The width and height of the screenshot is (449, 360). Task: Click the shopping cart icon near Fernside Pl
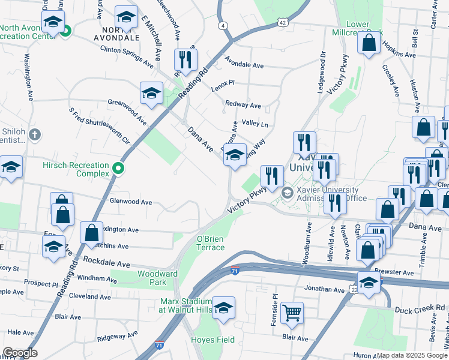pos(292,312)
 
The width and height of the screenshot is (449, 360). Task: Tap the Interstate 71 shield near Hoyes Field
pos(158,346)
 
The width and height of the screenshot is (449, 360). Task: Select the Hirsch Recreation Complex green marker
pos(118,169)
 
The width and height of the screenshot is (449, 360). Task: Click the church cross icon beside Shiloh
pos(35,134)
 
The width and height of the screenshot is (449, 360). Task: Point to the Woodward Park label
pos(158,278)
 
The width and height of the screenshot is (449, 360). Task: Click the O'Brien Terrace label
pos(211,243)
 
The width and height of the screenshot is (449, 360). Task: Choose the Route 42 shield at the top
pos(283,22)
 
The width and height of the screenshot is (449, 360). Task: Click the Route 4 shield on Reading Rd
pos(223,26)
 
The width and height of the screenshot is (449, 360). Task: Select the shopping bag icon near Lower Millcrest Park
pos(369,43)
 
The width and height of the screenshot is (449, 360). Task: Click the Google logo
pos(20,353)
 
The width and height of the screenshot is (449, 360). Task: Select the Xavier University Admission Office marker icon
pos(287,192)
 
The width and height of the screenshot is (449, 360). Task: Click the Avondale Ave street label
pos(244,65)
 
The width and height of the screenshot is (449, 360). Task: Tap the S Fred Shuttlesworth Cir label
pos(100,125)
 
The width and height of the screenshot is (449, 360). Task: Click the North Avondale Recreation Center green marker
pos(67,30)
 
